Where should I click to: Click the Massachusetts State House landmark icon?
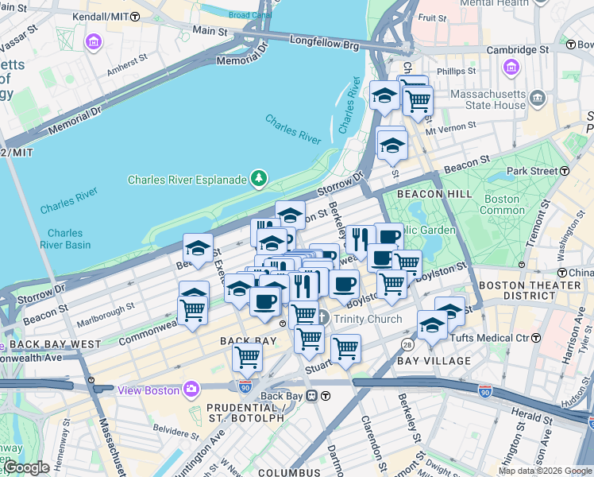coord(538,99)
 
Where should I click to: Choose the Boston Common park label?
coord(501,204)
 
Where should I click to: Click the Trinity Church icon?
coord(322,319)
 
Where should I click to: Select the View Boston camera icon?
coord(191,390)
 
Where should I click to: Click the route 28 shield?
coord(407,343)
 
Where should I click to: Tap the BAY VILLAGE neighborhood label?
coord(434,361)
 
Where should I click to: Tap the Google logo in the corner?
coord(25,468)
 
